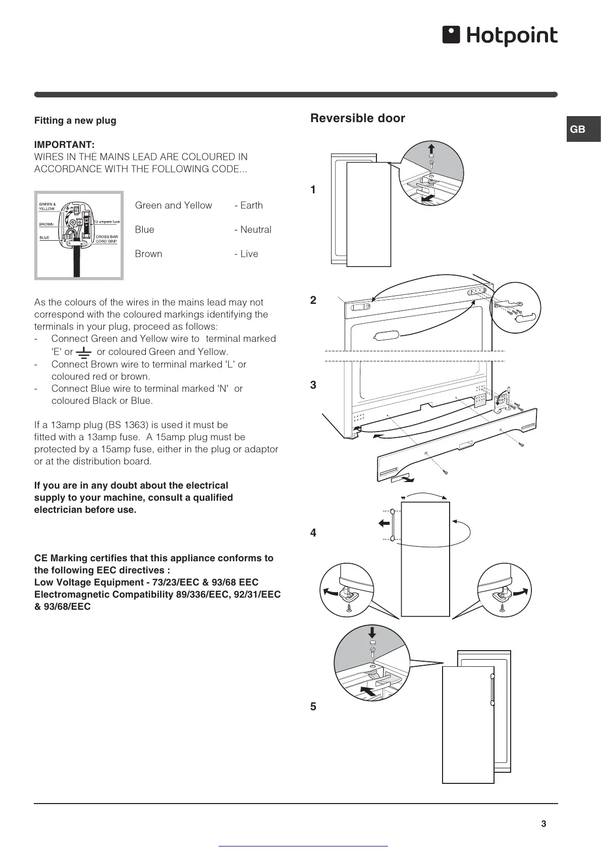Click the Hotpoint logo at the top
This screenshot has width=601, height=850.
pos(500,36)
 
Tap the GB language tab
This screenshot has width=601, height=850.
pos(578,129)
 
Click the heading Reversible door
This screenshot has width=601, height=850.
pos(357,118)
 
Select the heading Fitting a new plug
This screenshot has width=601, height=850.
pos(75,121)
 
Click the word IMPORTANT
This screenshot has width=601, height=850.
pos(64,145)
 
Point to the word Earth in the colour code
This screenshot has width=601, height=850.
pos(251,205)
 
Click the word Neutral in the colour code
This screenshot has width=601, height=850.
pos(255,230)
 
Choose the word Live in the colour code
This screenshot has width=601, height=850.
pos(249,254)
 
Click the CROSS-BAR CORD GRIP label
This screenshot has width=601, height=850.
pos(106,239)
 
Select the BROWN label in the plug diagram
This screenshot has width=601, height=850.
pos(46,224)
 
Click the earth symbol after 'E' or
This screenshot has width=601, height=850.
pos(84,352)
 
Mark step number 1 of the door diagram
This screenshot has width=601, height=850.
pos(313,190)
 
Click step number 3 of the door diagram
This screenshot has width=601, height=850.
pos(313,385)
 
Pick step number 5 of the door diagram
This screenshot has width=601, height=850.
pos(313,707)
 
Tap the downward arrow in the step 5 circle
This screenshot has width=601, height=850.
pos(372,632)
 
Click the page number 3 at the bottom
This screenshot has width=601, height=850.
pos(543,824)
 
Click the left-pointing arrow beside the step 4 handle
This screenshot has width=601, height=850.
pos(384,523)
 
